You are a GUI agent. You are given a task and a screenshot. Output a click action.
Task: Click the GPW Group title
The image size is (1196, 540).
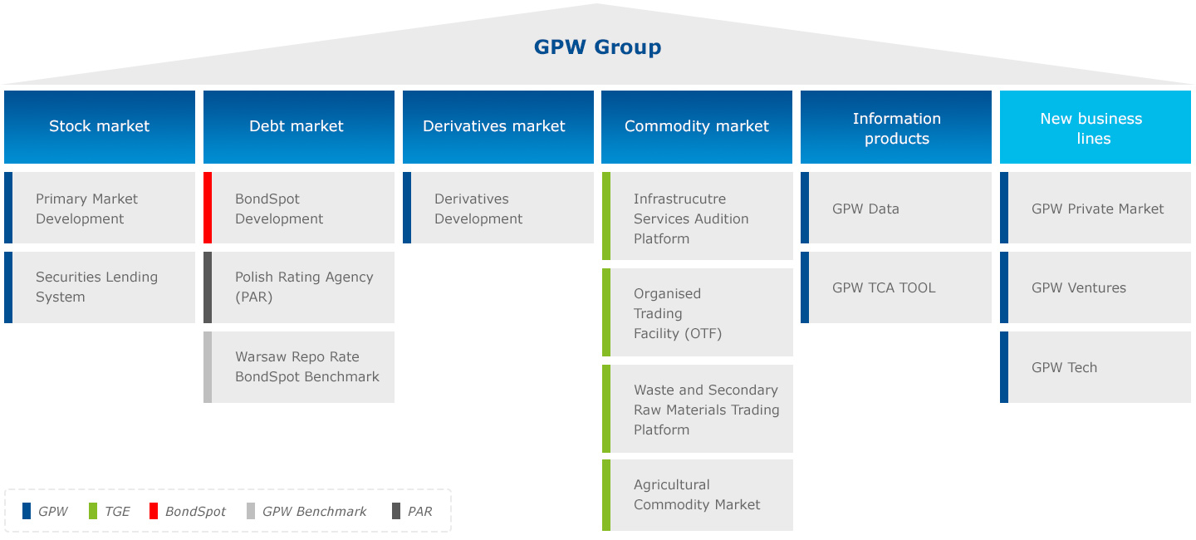tap(597, 47)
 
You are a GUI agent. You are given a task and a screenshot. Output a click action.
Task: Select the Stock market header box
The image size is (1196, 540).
tap(100, 126)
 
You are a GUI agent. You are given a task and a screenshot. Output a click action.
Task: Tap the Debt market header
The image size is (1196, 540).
tap(298, 126)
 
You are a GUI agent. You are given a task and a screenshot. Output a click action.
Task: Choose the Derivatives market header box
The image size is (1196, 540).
tap(498, 126)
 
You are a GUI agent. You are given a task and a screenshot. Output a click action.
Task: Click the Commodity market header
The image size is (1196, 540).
tap(696, 126)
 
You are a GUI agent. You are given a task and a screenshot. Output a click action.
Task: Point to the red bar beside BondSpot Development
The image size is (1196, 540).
tap(208, 208)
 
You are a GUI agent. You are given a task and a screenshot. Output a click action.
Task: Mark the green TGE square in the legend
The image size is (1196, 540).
tap(93, 511)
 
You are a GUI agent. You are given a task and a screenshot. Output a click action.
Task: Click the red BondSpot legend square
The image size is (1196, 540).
tap(154, 511)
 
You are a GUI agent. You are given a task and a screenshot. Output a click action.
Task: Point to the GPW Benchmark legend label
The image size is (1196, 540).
tap(314, 512)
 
